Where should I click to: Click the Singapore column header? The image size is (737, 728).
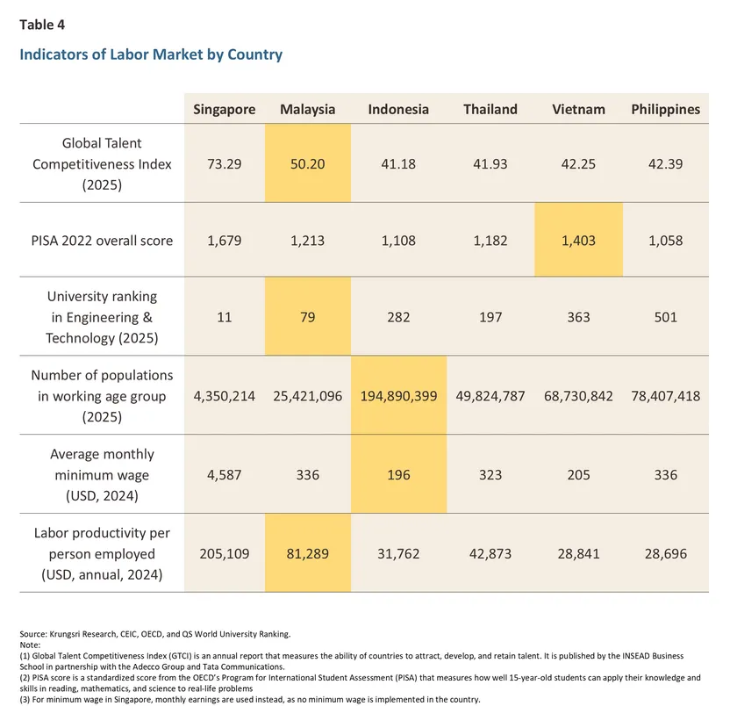point(225,110)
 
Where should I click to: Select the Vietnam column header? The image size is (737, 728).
point(578,110)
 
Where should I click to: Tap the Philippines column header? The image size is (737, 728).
point(665,110)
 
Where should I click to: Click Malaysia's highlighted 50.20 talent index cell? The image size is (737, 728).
point(307,163)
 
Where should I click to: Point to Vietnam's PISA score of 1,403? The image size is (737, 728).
point(578,241)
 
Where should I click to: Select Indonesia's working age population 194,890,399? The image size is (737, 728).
point(398,396)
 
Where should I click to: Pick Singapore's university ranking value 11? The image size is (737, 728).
point(225,317)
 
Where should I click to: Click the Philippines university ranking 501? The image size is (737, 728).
point(665,317)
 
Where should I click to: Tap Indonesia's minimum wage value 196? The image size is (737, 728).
point(398,475)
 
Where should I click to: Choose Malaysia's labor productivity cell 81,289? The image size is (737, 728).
point(307,554)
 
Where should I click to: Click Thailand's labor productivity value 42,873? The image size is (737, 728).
point(490,554)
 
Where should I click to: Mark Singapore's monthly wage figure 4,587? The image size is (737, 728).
point(225,475)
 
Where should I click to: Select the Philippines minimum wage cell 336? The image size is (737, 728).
point(665,475)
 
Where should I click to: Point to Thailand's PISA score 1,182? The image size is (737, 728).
point(490,241)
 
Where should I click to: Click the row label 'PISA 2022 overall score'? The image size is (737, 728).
point(102,241)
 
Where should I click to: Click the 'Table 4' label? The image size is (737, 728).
point(42,25)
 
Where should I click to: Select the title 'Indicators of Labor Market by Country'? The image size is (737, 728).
point(151,54)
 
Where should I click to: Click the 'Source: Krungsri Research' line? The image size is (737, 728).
point(154,633)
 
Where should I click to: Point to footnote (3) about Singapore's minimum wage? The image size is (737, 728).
point(249,700)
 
